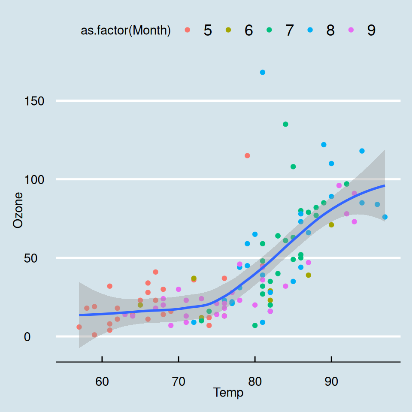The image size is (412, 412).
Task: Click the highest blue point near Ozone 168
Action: [x=263, y=72]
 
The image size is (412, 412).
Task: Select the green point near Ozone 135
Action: [x=285, y=124]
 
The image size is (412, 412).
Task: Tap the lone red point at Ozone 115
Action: [x=247, y=155]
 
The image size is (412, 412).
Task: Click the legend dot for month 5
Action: [x=187, y=30]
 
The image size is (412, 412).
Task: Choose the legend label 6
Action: [x=248, y=30]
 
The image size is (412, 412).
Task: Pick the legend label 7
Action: [x=289, y=30]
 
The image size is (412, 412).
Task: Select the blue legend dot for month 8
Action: [x=310, y=30]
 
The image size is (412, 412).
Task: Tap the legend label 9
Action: [x=371, y=30]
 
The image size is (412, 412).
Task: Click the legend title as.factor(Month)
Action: [x=126, y=30]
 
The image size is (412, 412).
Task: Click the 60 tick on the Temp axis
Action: [x=102, y=381]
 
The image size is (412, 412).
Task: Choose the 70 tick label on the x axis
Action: [x=179, y=381]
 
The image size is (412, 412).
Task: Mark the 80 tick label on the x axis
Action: [x=255, y=381]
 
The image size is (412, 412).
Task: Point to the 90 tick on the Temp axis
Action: [x=331, y=381]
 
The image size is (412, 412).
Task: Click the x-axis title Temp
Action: [x=228, y=392]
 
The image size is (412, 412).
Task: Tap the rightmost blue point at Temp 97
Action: [x=385, y=217]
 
